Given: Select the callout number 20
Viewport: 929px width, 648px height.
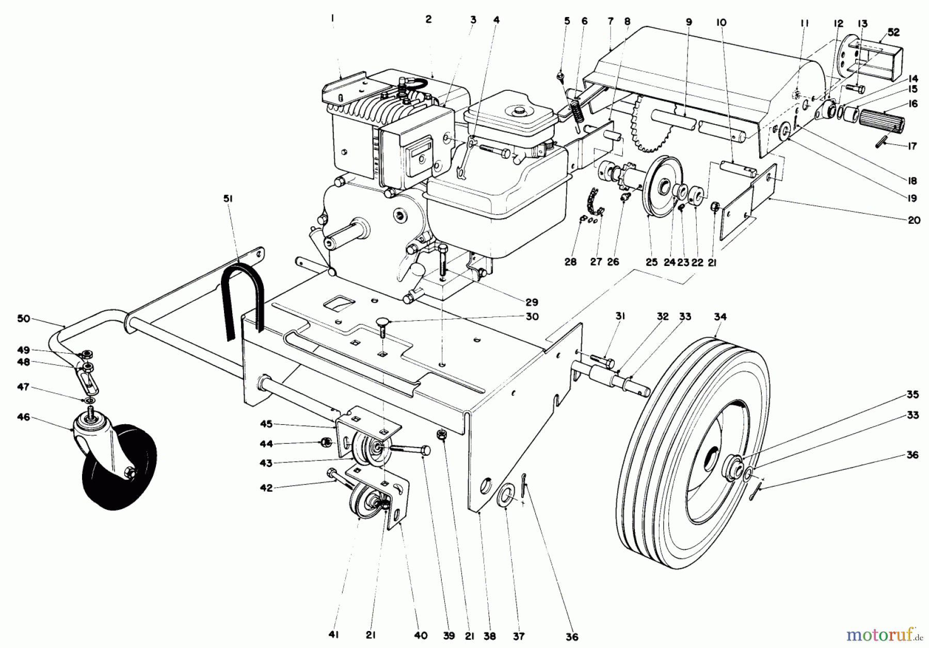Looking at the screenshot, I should point(914,220).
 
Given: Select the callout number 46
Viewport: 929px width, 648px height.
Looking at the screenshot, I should point(23,417).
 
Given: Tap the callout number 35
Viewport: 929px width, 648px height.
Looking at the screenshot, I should point(912,394).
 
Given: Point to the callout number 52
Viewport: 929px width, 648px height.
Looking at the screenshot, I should point(894,32).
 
